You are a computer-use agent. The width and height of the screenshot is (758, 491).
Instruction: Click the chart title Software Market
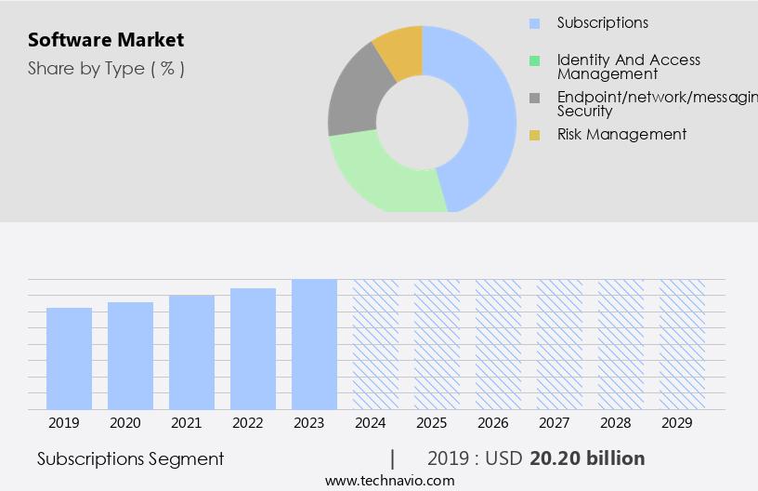click(106, 40)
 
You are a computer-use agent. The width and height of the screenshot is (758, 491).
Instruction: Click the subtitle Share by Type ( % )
click(106, 68)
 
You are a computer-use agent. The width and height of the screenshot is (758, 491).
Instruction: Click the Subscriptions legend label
click(602, 22)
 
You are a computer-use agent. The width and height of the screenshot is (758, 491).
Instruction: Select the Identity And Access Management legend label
click(628, 66)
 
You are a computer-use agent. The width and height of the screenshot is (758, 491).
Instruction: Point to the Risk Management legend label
click(621, 134)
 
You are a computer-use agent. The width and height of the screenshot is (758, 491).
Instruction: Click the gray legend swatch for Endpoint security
click(534, 99)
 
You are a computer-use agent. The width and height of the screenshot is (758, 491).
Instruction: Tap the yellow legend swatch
click(534, 135)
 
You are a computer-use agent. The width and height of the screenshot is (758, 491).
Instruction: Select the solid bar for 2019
click(70, 358)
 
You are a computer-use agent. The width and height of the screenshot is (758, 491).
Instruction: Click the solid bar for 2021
click(192, 352)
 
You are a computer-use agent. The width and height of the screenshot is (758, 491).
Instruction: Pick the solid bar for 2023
click(314, 344)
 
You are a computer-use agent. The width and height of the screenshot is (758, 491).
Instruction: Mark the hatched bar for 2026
click(499, 344)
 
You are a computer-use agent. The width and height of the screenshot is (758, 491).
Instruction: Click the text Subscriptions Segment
click(130, 458)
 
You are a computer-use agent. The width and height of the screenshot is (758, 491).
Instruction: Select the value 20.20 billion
click(587, 458)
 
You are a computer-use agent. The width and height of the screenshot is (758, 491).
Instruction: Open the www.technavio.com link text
click(389, 480)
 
